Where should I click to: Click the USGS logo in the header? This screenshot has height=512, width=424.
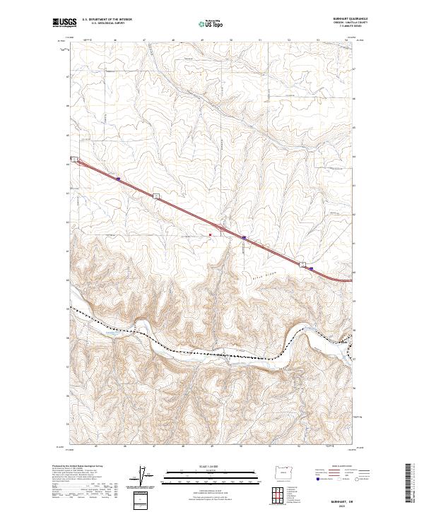[x=65, y=23]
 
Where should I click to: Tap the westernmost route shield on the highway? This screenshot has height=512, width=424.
[x=73, y=159]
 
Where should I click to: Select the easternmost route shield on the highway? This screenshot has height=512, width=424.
[x=304, y=264]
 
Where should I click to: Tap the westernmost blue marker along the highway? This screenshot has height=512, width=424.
[x=118, y=179]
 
